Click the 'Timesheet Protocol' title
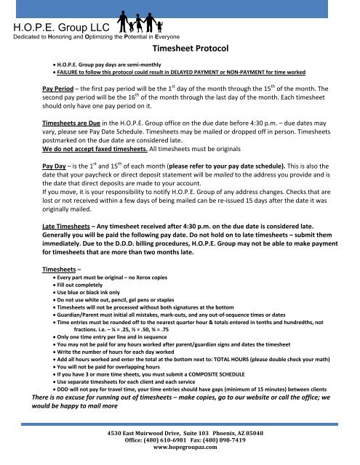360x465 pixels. pyautogui.click(x=191, y=49)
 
